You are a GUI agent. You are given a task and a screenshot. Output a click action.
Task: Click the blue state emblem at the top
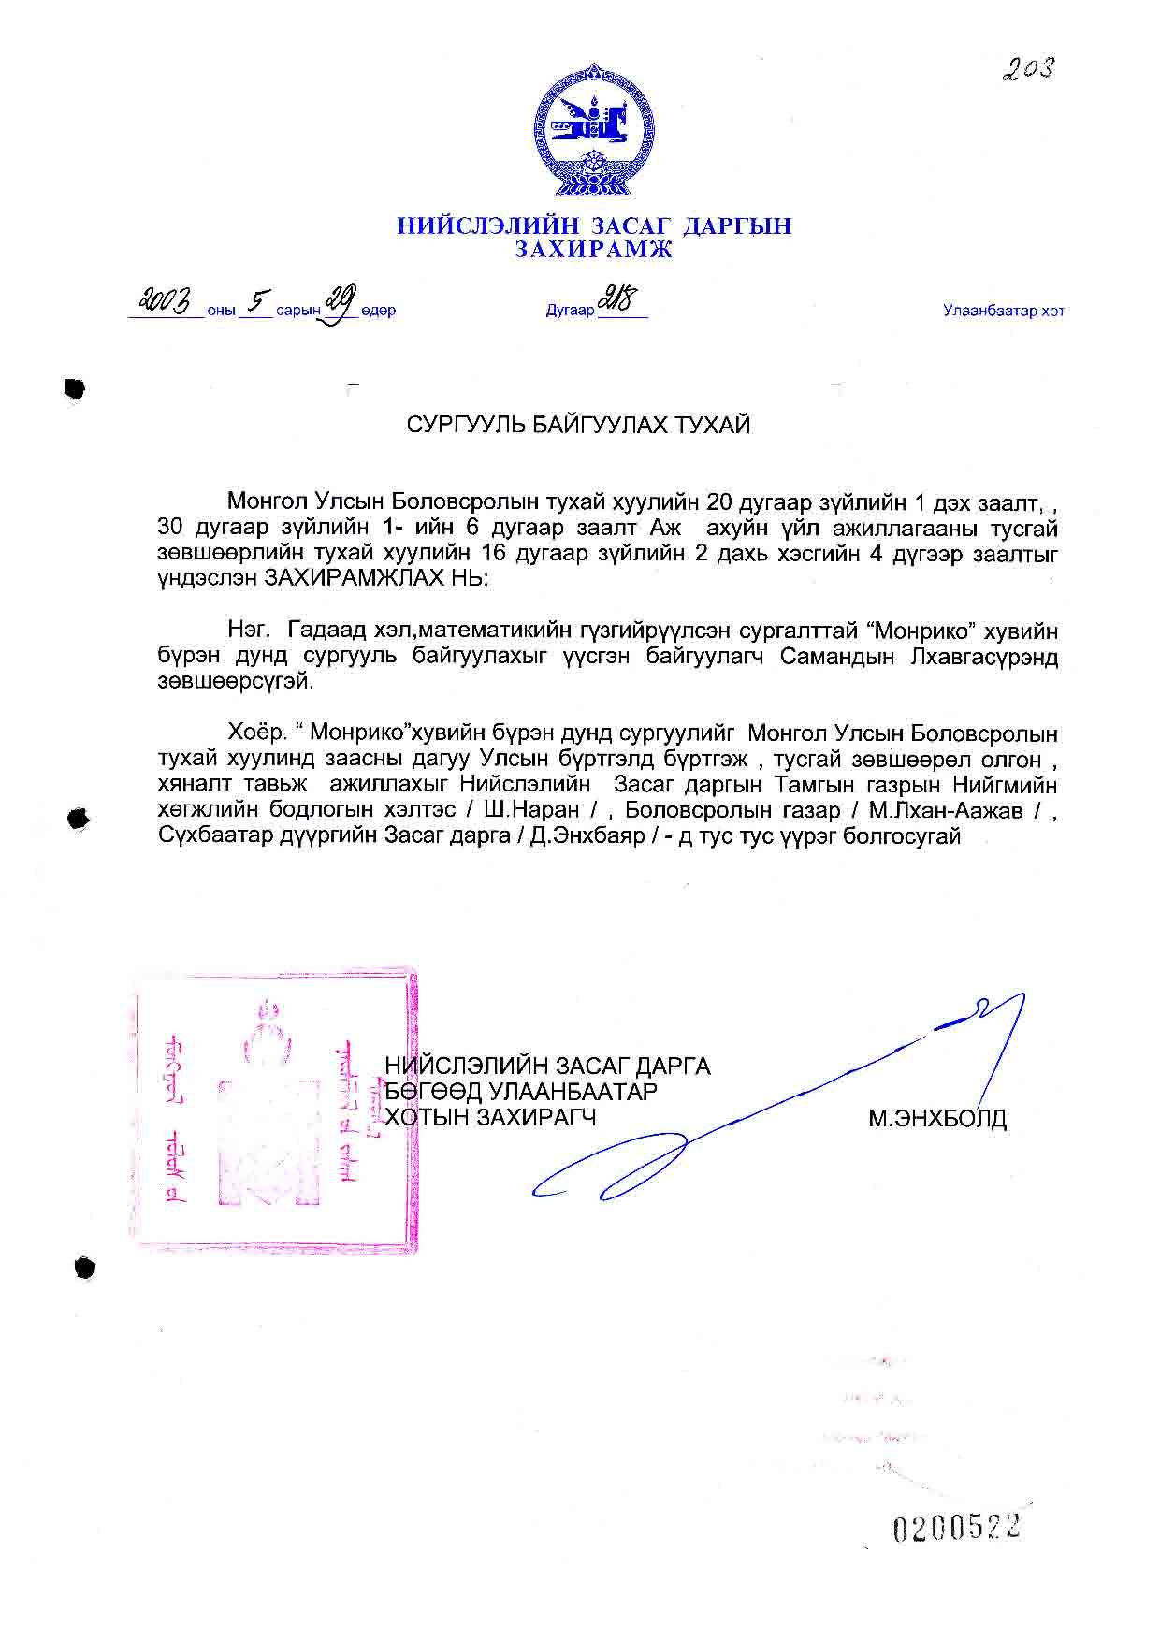pos(593,131)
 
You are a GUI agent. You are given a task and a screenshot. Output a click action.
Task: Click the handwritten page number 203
pos(1027,68)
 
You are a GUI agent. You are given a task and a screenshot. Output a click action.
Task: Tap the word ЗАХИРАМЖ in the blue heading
pos(593,250)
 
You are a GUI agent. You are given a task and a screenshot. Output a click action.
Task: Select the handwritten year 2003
pos(166,301)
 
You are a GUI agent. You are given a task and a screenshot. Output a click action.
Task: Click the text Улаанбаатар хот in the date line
pos(1003,312)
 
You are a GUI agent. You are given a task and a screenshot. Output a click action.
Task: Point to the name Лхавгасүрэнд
pos(983,657)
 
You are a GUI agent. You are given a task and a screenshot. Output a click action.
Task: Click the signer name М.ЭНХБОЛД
pos(936,1118)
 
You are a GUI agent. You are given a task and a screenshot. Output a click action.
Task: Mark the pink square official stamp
pos(274,1111)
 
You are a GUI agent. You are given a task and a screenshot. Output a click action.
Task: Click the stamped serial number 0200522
pos(955,1528)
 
